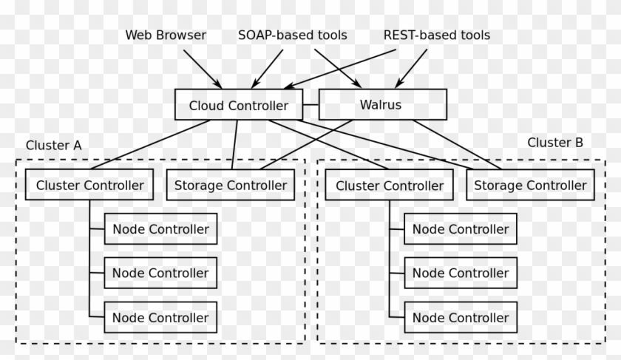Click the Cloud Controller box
pyautogui.click(x=238, y=105)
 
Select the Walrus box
pyautogui.click(x=382, y=104)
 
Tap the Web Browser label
pyautogui.click(x=166, y=35)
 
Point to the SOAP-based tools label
pyautogui.click(x=292, y=35)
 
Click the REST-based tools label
pyautogui.click(x=436, y=35)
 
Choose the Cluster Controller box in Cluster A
pyautogui.click(x=89, y=185)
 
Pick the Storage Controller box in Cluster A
pyautogui.click(x=230, y=185)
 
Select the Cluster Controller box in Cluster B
pyautogui.click(x=390, y=186)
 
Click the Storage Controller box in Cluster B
pyautogui.click(x=530, y=185)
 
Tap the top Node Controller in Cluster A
pyautogui.click(x=160, y=229)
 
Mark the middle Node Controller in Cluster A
pyautogui.click(x=160, y=273)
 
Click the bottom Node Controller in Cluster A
pyautogui.click(x=160, y=318)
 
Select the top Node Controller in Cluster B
pyautogui.click(x=461, y=229)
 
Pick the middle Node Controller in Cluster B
pyautogui.click(x=461, y=273)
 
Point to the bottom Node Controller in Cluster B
pyautogui.click(x=461, y=318)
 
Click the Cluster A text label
pyautogui.click(x=53, y=146)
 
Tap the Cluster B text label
pyautogui.click(x=555, y=143)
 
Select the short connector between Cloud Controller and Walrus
pyautogui.click(x=310, y=105)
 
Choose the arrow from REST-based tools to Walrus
pyautogui.click(x=413, y=68)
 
